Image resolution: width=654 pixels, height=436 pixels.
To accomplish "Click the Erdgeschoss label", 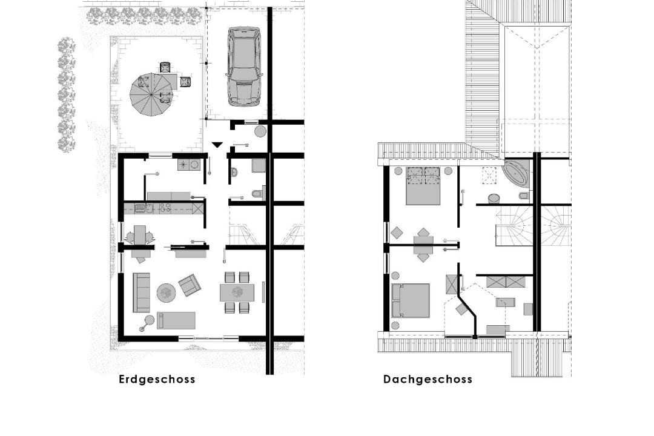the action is [157, 379].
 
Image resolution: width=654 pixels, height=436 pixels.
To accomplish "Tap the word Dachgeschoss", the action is [428, 379].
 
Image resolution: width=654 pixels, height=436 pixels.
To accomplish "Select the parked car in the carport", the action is [244, 67].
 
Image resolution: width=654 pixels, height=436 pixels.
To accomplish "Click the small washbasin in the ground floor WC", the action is [234, 171].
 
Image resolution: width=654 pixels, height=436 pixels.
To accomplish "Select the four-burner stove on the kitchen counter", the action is [163, 207].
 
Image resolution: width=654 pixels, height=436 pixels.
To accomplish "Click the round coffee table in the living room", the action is [167, 292].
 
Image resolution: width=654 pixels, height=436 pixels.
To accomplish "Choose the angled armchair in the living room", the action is [190, 285].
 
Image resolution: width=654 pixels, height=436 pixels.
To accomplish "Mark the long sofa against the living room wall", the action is [141, 292].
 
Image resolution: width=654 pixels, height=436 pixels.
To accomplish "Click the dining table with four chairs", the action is [237, 292].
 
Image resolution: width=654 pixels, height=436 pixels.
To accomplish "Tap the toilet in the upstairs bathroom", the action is [523, 196].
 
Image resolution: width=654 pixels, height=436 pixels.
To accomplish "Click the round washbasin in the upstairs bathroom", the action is [494, 199].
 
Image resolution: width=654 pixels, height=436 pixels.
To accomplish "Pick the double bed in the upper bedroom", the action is [423, 186].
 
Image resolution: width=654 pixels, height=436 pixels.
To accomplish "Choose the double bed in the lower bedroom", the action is [411, 300].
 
